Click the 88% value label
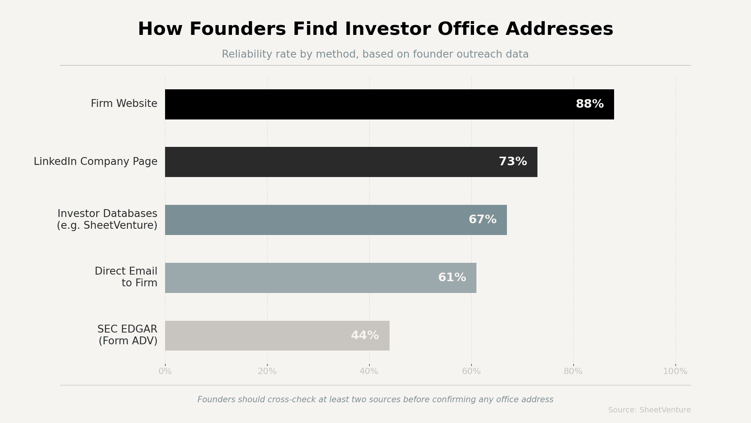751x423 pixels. [589, 104]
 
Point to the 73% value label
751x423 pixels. [513, 162]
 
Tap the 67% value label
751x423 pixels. [482, 220]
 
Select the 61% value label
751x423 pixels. [452, 278]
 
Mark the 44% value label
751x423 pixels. [365, 336]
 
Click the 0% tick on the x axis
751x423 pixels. [165, 371]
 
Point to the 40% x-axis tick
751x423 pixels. [369, 371]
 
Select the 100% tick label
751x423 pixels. [675, 371]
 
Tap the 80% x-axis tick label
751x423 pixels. [573, 371]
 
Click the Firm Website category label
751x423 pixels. [124, 104]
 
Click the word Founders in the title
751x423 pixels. [238, 29]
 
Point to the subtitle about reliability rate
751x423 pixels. [375, 54]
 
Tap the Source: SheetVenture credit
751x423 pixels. [649, 410]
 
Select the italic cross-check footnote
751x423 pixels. [375, 399]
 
